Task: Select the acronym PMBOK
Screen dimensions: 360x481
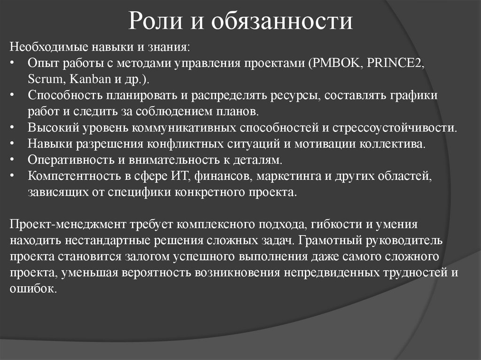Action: coord(335,63)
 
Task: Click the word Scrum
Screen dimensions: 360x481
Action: coord(41,78)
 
